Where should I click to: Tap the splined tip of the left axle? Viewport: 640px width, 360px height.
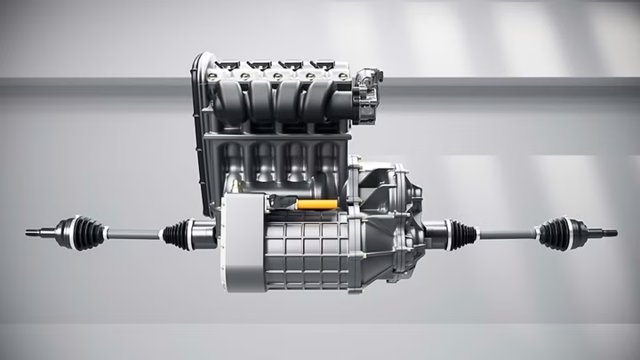(33, 233)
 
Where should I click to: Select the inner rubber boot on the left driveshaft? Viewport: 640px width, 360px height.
(177, 234)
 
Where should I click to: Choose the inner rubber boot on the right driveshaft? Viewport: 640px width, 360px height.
(460, 235)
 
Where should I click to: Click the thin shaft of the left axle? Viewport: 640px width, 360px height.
(133, 235)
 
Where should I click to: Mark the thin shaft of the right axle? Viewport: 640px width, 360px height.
(507, 235)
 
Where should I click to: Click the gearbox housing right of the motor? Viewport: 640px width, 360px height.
(391, 222)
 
